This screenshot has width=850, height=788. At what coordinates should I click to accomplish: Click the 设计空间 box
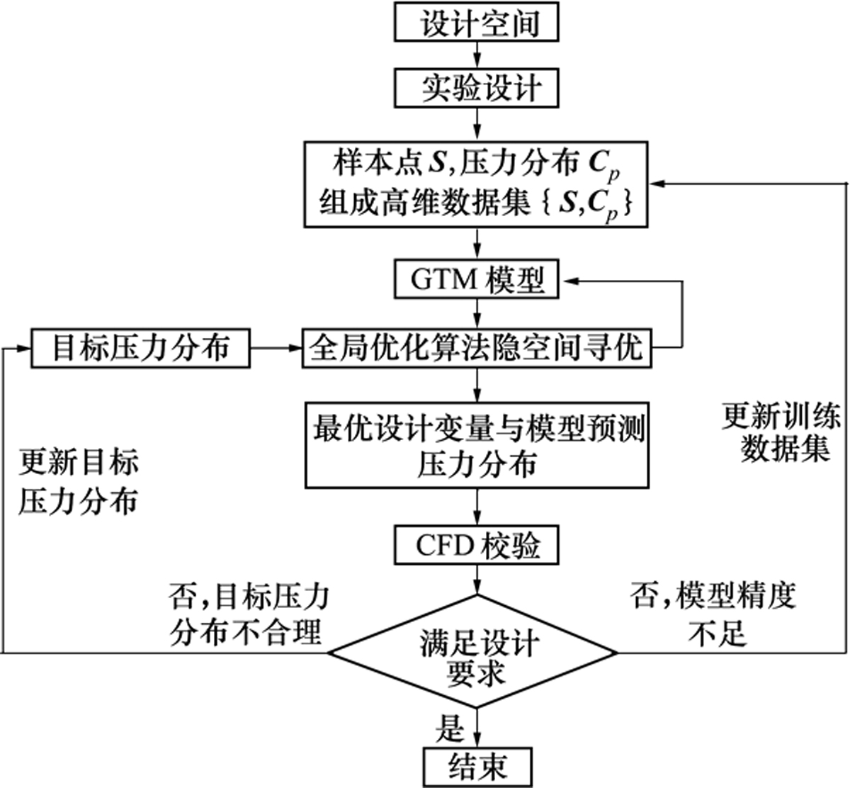(476, 23)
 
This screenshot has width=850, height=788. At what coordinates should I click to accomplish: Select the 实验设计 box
(476, 89)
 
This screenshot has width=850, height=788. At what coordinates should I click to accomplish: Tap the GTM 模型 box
(476, 280)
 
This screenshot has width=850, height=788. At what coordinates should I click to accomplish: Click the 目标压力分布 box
(140, 347)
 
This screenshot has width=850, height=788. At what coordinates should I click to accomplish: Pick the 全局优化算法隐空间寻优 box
(476, 347)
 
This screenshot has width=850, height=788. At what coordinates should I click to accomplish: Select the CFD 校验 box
(476, 546)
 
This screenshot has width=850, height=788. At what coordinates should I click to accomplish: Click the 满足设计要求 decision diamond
(476, 652)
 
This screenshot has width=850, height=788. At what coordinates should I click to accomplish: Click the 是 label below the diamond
(450, 728)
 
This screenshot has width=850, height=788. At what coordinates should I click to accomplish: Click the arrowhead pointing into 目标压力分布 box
(25, 348)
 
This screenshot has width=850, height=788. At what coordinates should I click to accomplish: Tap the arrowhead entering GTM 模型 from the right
(567, 281)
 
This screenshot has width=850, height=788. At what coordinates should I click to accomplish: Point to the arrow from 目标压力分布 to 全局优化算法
(276, 348)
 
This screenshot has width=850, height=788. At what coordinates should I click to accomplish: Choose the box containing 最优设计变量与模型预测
(476, 445)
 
